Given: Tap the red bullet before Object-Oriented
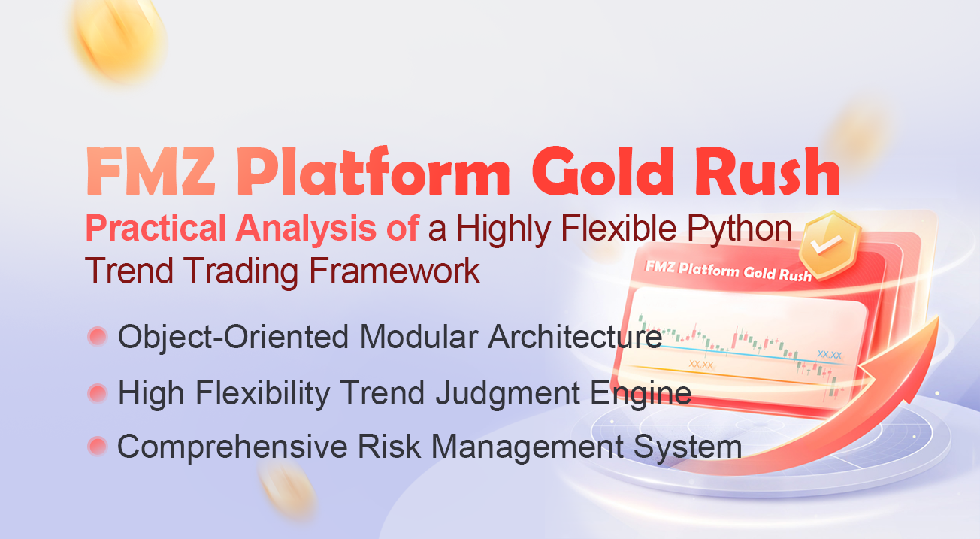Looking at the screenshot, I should (x=98, y=337).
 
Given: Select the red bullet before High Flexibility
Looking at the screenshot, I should (x=98, y=392).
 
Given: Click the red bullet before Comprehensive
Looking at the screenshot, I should (x=98, y=447).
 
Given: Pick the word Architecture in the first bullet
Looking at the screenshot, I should (x=575, y=337).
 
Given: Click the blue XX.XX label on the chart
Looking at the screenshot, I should (x=829, y=353).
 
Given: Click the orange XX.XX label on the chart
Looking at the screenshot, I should (x=700, y=365).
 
